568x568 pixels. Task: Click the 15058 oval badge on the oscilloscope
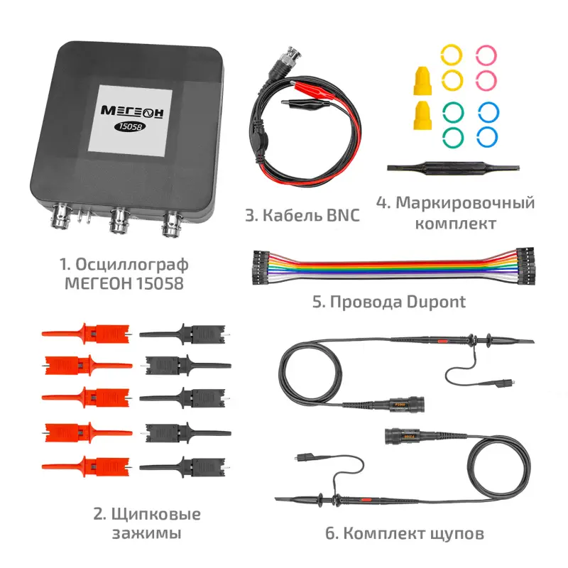pos(130,127)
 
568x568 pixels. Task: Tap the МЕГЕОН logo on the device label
pos(132,111)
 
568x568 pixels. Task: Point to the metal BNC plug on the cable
pos(285,63)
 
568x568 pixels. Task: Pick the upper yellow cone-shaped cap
pos(422,80)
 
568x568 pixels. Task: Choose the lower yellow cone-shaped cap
pos(422,116)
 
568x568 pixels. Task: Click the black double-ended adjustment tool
pos(453,169)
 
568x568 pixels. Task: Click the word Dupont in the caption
pos(436,302)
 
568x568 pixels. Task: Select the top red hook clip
pos(86,334)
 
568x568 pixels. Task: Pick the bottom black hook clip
pos(184,466)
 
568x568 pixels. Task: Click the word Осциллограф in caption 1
pos(132,265)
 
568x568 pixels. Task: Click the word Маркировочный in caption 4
pos(465,203)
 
